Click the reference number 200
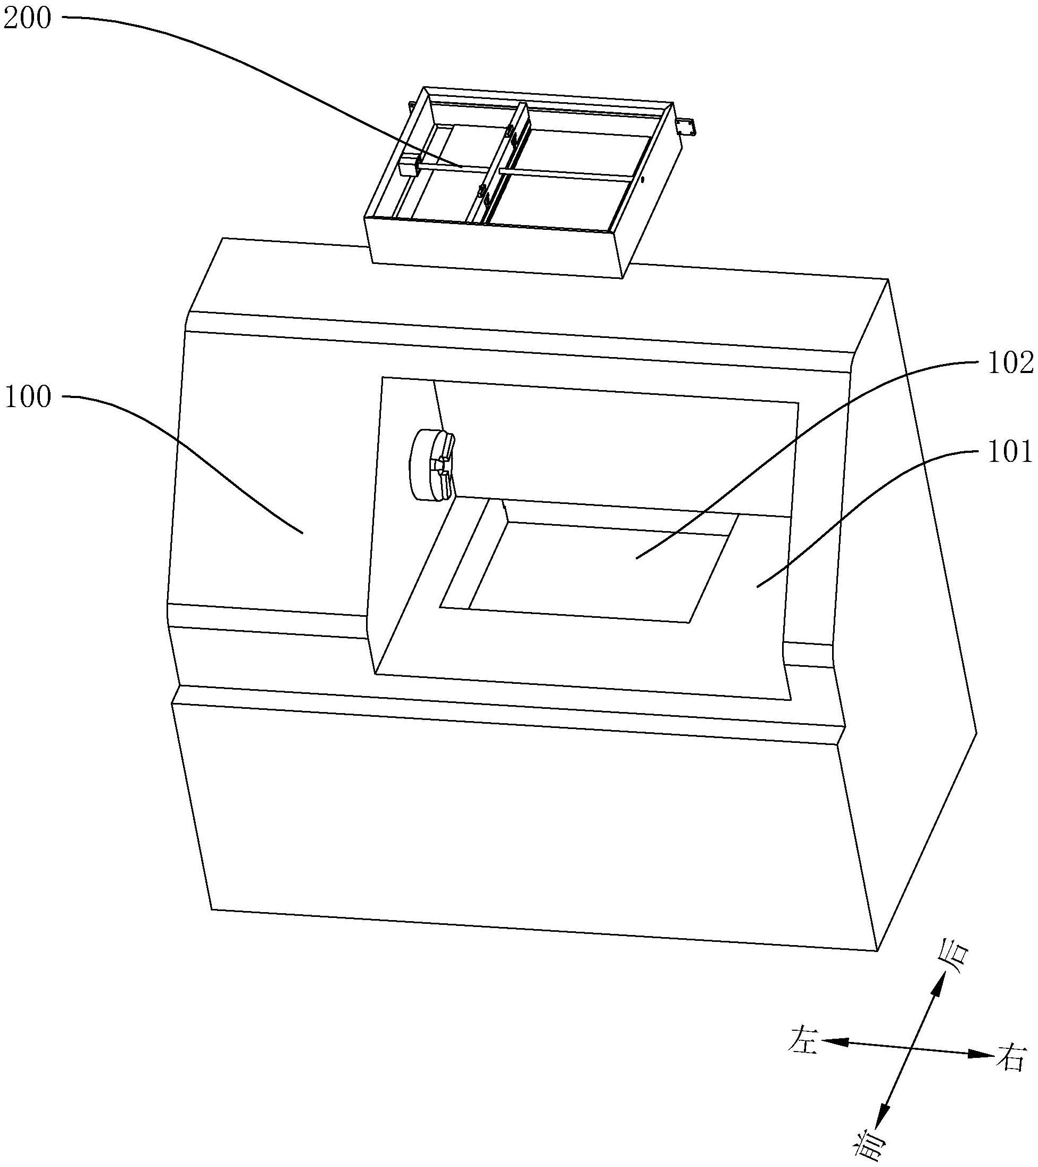pyautogui.click(x=26, y=19)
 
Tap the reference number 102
pyautogui.click(x=1010, y=363)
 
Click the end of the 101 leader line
pyautogui.click(x=757, y=586)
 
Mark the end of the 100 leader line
pyautogui.click(x=302, y=533)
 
